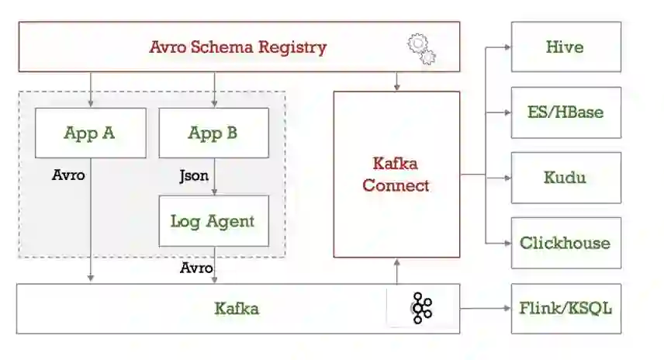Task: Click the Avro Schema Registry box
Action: [238, 47]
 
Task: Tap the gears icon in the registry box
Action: [421, 49]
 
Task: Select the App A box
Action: [90, 133]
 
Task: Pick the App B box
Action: [213, 133]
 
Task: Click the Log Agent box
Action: [213, 221]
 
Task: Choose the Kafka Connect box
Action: [396, 175]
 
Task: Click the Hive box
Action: [565, 47]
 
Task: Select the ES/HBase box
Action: [565, 112]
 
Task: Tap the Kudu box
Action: [565, 177]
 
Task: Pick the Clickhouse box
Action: [565, 242]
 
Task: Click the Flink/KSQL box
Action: [565, 308]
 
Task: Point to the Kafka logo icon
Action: [422, 308]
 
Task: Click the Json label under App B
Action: [194, 175]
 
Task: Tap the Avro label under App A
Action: [68, 175]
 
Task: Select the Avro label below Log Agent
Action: [196, 268]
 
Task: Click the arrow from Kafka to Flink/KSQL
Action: [485, 308]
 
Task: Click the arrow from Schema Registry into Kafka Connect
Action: [396, 81]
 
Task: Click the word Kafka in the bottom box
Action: [237, 308]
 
